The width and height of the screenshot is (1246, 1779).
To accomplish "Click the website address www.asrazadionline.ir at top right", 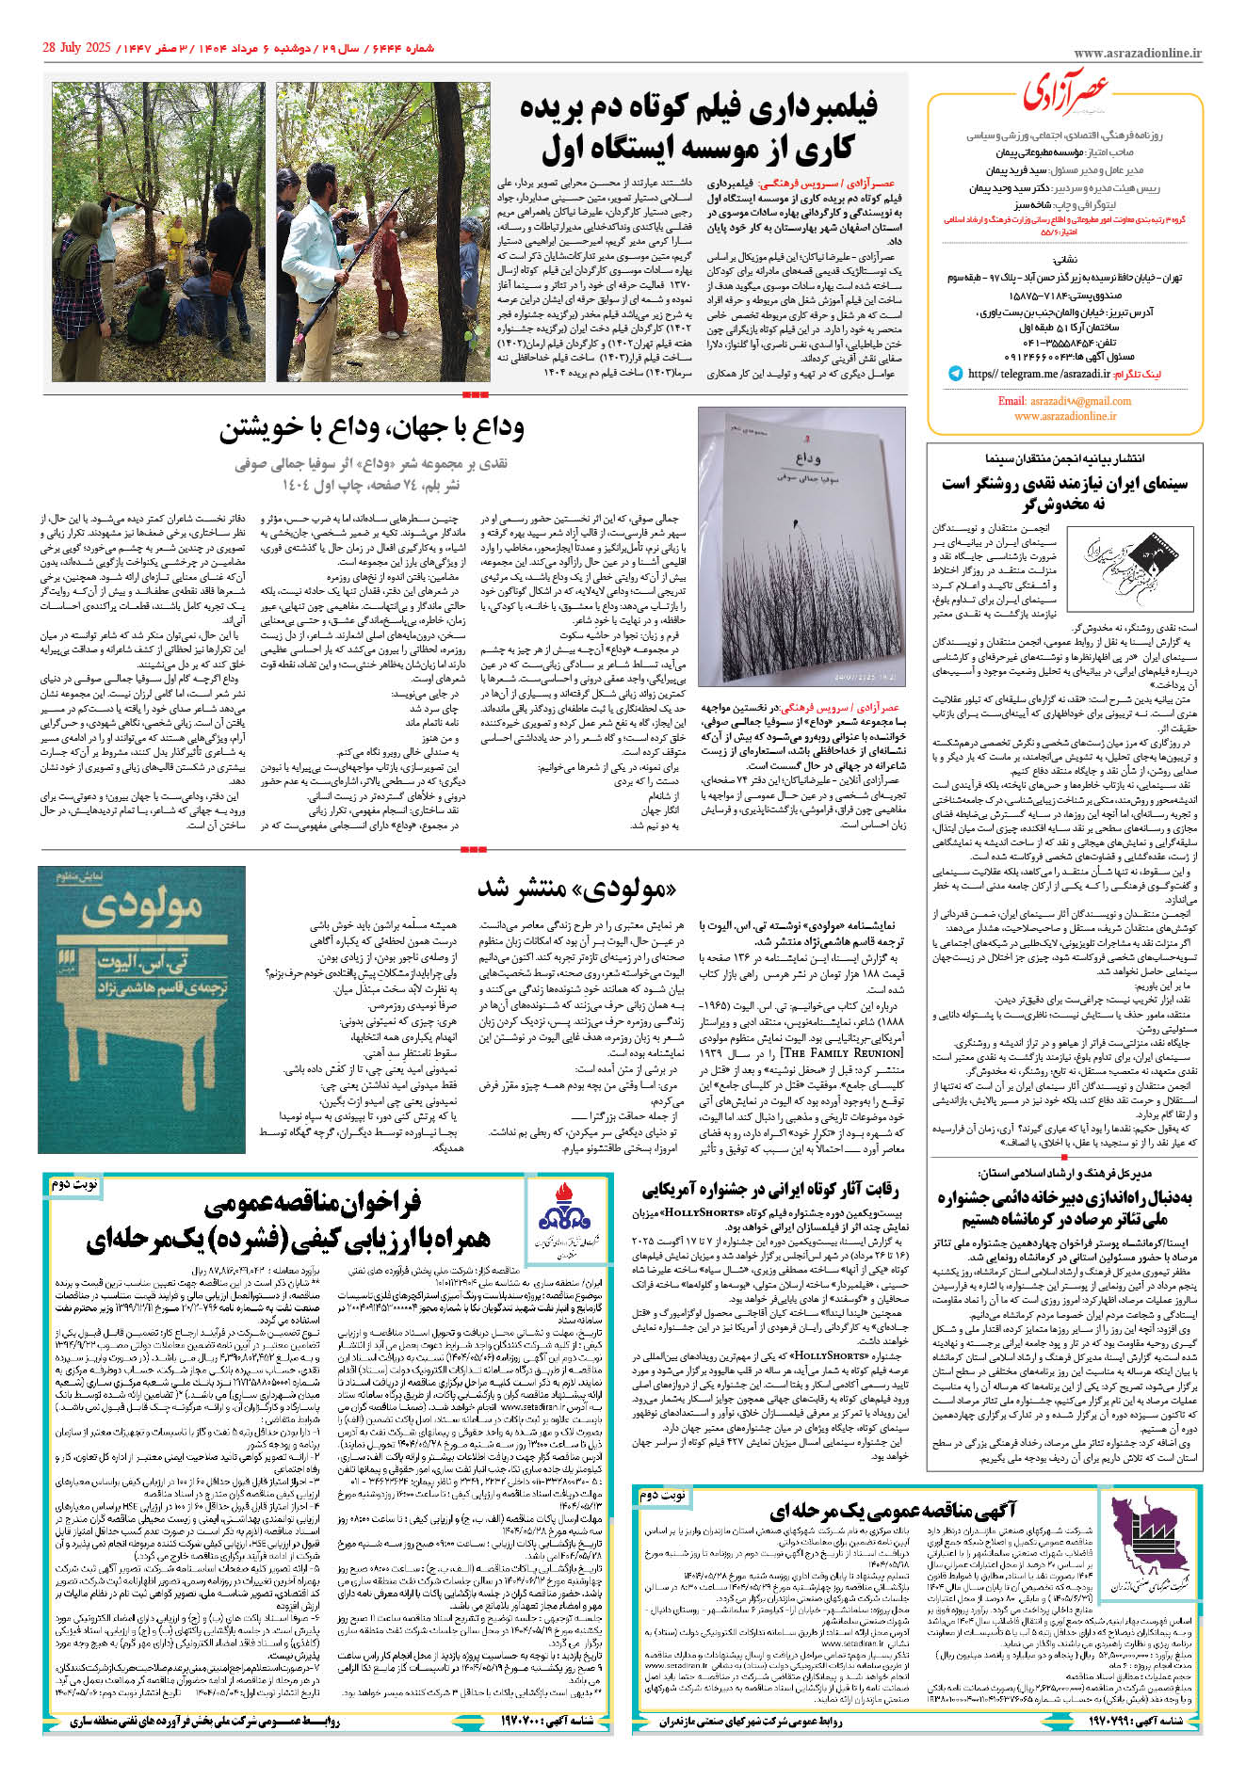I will pyautogui.click(x=1137, y=55).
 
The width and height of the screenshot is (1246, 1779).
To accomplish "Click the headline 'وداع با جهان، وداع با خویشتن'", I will pyautogui.click(x=371, y=429).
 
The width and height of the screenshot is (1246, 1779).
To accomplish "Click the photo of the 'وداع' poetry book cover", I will pyautogui.click(x=801, y=546).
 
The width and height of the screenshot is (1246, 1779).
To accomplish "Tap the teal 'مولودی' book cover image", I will pyautogui.click(x=141, y=1009).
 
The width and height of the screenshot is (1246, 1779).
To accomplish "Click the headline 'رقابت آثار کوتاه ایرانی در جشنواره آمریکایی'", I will pyautogui.click(x=770, y=1192).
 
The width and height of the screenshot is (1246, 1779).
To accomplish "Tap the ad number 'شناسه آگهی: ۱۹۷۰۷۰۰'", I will pyautogui.click(x=547, y=1721).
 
